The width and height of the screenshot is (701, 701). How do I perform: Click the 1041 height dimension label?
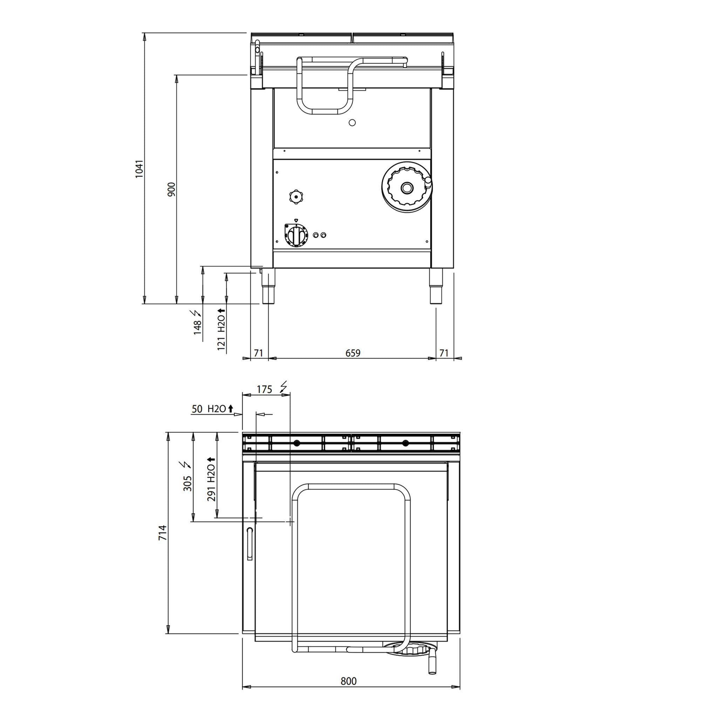[x=140, y=169]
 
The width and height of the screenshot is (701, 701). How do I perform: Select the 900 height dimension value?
[x=171, y=189]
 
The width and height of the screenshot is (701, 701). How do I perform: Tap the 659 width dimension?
[x=353, y=353]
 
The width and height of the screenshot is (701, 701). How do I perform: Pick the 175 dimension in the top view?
[x=264, y=389]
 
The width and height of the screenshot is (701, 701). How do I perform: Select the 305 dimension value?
[x=187, y=483]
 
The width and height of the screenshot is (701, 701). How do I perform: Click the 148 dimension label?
[x=197, y=327]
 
